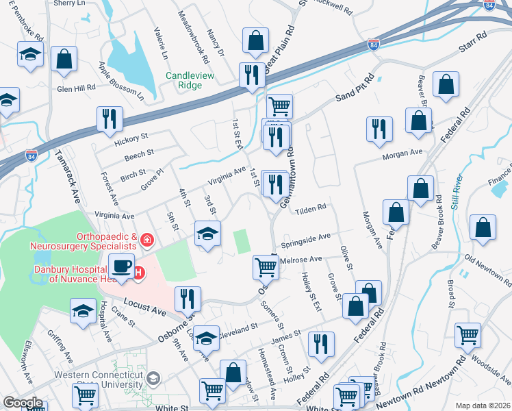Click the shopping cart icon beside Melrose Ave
[x=266, y=267]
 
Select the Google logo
[x=23, y=403]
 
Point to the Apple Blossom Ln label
[x=120, y=79]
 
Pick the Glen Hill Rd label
[x=76, y=88]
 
